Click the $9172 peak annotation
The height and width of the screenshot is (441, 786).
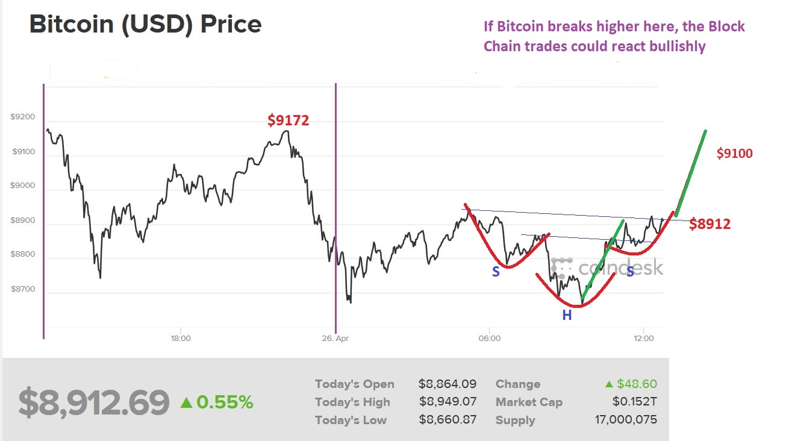pyautogui.click(x=288, y=120)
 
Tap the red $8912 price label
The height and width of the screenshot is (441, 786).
pyautogui.click(x=710, y=225)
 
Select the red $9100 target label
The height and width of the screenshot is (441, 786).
pyautogui.click(x=734, y=154)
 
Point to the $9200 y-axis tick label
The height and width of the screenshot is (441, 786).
pyautogui.click(x=23, y=117)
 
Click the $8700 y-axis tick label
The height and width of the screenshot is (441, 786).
pyautogui.click(x=23, y=289)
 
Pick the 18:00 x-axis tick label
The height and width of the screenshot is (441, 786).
pyautogui.click(x=181, y=339)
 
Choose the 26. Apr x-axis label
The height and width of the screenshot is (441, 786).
pyautogui.click(x=335, y=339)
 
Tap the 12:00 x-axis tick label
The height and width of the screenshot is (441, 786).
pyautogui.click(x=644, y=339)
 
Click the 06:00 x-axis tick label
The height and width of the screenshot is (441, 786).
pyautogui.click(x=490, y=339)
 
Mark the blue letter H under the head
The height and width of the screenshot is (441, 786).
pyautogui.click(x=567, y=314)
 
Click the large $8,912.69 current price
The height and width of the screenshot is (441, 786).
pyautogui.click(x=93, y=402)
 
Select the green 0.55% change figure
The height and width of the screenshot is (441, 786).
pyautogui.click(x=224, y=402)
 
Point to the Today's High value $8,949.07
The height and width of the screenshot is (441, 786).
pyautogui.click(x=447, y=402)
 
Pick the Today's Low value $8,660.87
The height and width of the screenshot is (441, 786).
pyautogui.click(x=447, y=420)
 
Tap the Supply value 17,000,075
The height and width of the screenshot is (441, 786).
pyautogui.click(x=626, y=420)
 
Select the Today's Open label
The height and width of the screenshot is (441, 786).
pyautogui.click(x=354, y=384)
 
